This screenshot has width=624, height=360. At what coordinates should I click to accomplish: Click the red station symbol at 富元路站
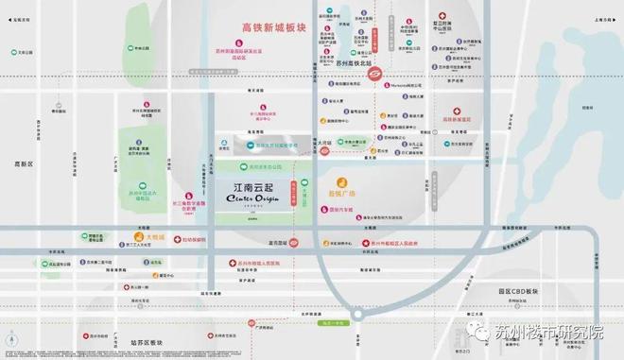tap(294, 242)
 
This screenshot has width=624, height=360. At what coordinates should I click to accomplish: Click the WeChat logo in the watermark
tap(482, 332)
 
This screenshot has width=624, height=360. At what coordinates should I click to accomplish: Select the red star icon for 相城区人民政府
tap(368, 242)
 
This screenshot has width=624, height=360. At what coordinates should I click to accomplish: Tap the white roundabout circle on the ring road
tap(359, 316)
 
